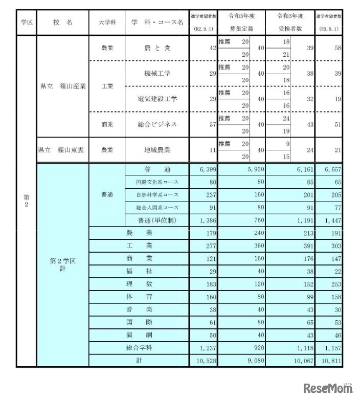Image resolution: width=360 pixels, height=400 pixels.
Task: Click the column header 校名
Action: click(x=62, y=23)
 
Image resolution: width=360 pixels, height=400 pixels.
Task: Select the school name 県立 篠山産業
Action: click(x=62, y=86)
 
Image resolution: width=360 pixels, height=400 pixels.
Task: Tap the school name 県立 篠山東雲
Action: click(x=62, y=150)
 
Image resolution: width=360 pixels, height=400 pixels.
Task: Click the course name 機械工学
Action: click(x=157, y=73)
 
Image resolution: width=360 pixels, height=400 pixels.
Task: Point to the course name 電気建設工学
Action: click(x=157, y=99)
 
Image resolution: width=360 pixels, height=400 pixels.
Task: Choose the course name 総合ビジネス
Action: click(x=157, y=124)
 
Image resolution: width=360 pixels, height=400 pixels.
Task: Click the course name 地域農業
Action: click(x=157, y=150)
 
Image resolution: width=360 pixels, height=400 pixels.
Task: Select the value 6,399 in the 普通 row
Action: click(x=202, y=169)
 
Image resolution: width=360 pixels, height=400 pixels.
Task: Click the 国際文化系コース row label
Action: click(x=157, y=182)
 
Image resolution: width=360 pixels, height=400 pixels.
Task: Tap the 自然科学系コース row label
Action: click(x=157, y=195)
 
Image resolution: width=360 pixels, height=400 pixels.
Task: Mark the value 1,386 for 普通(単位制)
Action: click(x=204, y=220)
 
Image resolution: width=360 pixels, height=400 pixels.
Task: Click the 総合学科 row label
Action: click(x=140, y=348)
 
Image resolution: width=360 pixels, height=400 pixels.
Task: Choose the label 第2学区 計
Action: click(x=62, y=264)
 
